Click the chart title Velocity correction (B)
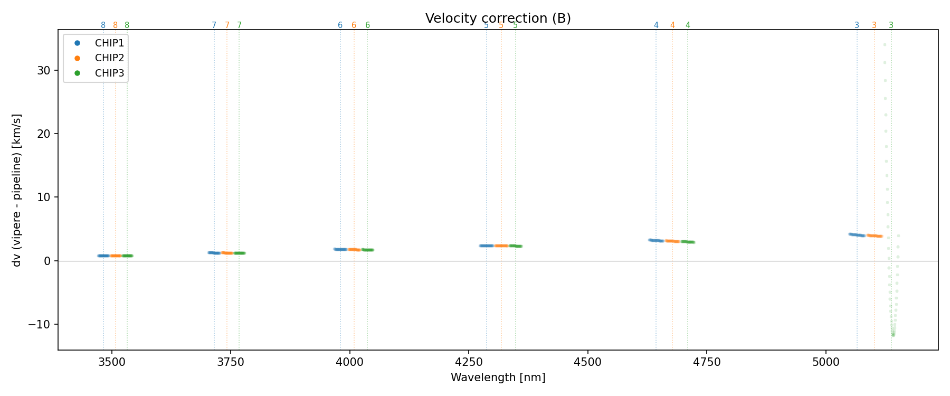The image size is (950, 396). click(x=498, y=18)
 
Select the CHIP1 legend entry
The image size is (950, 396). click(x=109, y=43)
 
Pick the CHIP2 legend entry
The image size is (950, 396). click(x=109, y=58)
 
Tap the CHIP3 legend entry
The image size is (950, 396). click(x=109, y=73)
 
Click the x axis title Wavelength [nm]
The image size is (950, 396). click(x=498, y=378)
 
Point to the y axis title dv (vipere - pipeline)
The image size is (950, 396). click(x=17, y=190)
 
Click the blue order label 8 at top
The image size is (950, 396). click(x=103, y=25)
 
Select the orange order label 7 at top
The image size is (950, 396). click(x=227, y=25)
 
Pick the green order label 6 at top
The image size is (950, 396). click(x=367, y=25)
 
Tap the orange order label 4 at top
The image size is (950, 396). click(x=672, y=25)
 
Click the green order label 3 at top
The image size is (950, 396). click(x=891, y=25)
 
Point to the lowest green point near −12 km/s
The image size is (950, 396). click(x=893, y=335)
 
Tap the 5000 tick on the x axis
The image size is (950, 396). click(x=825, y=362)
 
